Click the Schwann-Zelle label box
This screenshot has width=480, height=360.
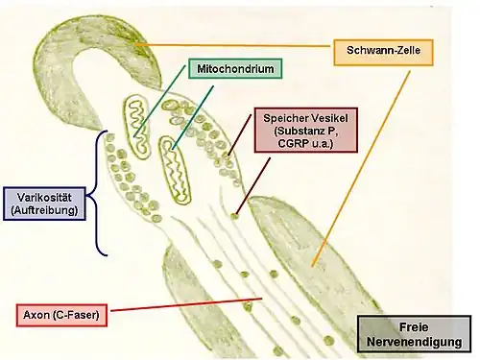tap(383, 53)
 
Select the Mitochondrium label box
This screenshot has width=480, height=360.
tap(235, 68)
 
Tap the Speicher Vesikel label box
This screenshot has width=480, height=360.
tap(305, 130)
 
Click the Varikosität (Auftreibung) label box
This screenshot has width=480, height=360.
tap(44, 204)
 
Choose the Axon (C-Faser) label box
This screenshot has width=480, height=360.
tap(61, 315)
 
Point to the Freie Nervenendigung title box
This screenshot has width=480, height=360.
tap(414, 334)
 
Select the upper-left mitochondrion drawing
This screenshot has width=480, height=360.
tap(137, 126)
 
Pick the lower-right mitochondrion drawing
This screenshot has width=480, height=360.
tap(175, 170)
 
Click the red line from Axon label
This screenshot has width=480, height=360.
tap(186, 304)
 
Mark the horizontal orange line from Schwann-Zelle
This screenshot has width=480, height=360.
tap(233, 45)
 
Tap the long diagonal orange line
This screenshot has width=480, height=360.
tap(361, 169)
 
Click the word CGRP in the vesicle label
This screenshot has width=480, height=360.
tap(293, 144)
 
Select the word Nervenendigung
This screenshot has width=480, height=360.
tap(414, 342)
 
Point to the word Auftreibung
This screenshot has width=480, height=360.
tap(44, 210)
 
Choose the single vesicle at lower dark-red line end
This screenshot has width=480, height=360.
tap(234, 217)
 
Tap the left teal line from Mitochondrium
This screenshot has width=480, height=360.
tap(159, 101)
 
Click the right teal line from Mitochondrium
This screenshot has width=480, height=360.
tap(193, 117)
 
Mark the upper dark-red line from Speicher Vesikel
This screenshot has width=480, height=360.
tap(239, 135)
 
